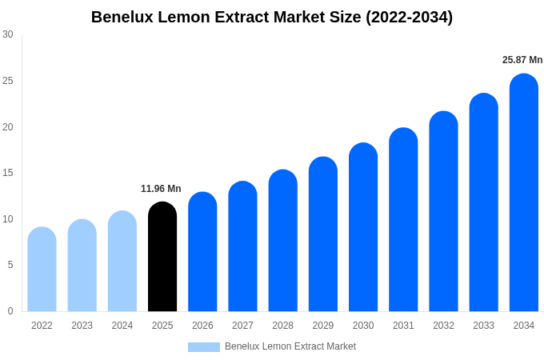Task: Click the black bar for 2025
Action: (162, 257)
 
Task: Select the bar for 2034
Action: (524, 193)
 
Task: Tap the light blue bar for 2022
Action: (42, 270)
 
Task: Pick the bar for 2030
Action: (363, 227)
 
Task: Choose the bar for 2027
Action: (242, 246)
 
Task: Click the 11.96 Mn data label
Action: (161, 189)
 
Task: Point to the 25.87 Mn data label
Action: (522, 60)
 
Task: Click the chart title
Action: (272, 17)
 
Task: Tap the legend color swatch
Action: (203, 347)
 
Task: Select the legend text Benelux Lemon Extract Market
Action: (290, 346)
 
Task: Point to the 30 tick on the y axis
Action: (8, 34)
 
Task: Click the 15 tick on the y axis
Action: (8, 173)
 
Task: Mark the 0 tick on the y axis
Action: (10, 311)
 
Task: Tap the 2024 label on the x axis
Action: (122, 326)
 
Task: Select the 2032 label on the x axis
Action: (443, 326)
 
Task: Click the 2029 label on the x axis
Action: (323, 326)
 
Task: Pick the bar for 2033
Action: (484, 202)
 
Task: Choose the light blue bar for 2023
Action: (82, 266)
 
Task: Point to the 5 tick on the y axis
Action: (10, 265)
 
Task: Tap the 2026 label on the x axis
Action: (202, 326)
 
